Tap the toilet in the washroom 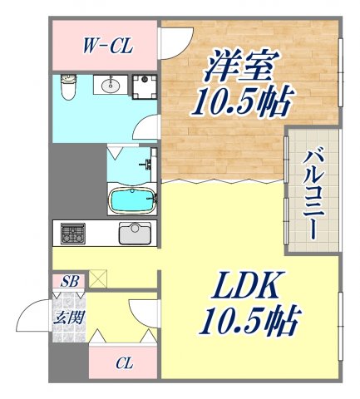pos(67,86)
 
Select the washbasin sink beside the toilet pos(108,85)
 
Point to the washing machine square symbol pos(146,85)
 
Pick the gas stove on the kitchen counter pos(72,233)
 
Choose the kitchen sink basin pos(135,233)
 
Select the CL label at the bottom pos(124,362)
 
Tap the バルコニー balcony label pos(313,192)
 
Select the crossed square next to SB pos(98,279)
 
